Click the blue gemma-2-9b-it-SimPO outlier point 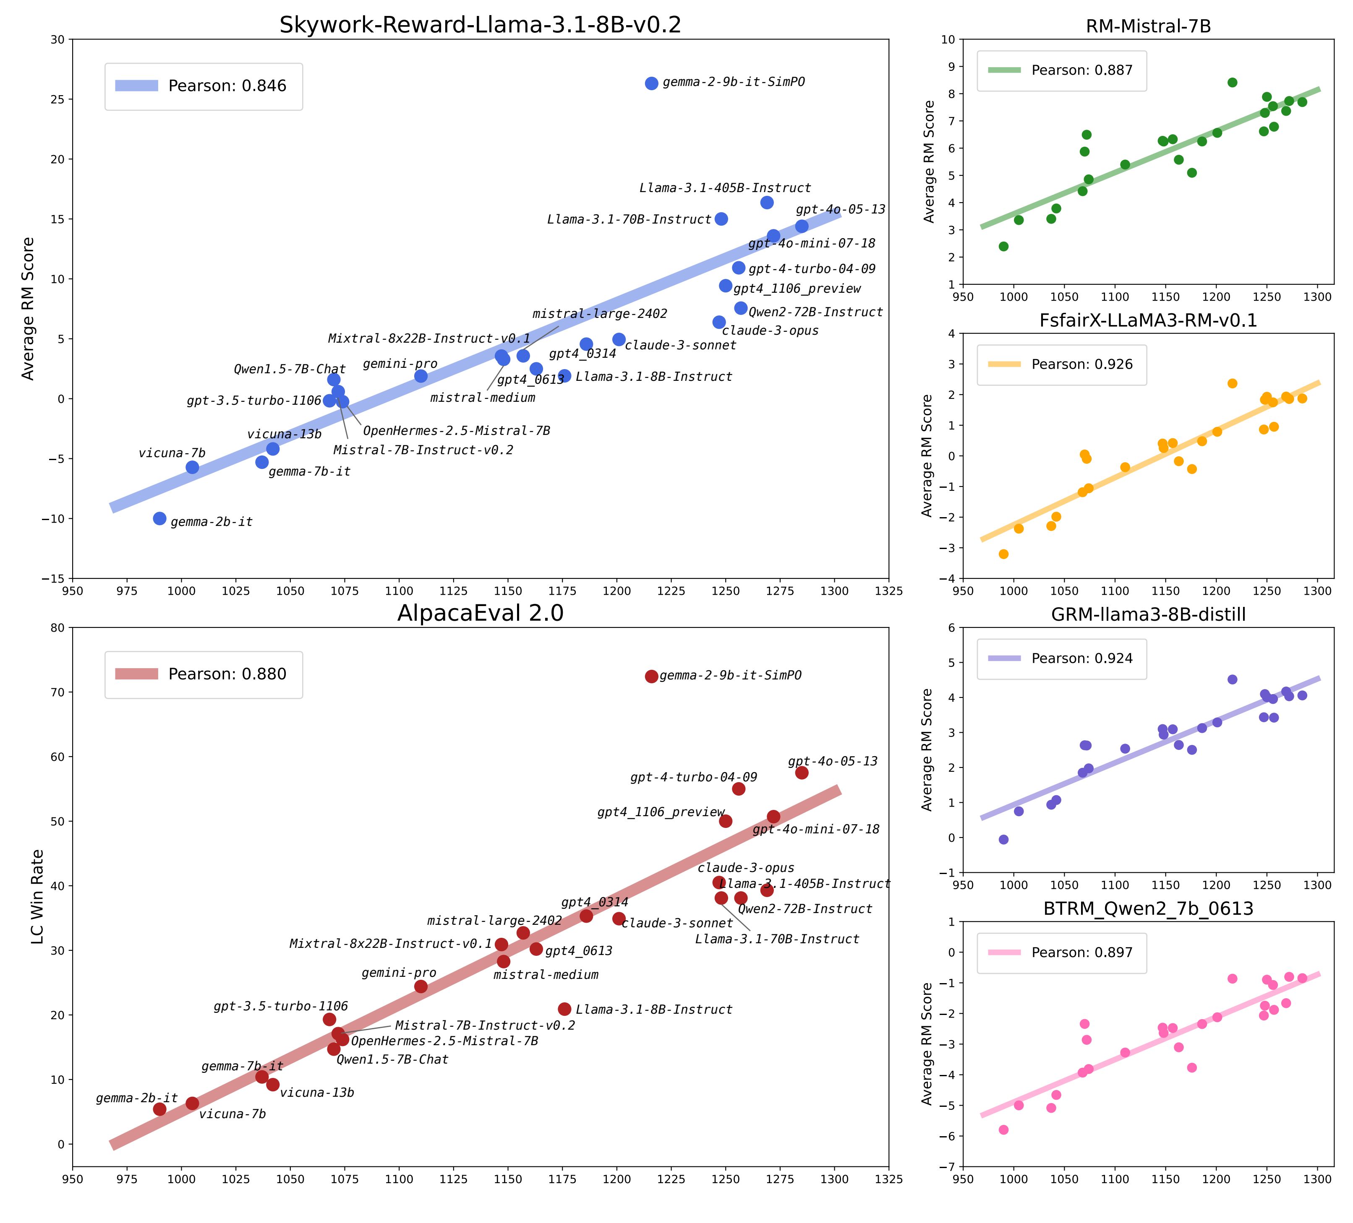[x=651, y=83]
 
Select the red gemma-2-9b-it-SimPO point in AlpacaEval [x=651, y=676]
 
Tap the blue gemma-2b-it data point [x=160, y=518]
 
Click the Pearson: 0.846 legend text [x=227, y=86]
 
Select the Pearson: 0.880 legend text [x=227, y=674]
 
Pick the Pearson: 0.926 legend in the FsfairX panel [x=1082, y=364]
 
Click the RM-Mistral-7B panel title [x=1148, y=26]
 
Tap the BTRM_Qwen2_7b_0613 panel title [x=1148, y=909]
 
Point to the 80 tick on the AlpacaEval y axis [x=59, y=628]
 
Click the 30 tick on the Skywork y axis [x=59, y=39]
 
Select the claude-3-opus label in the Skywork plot [x=770, y=331]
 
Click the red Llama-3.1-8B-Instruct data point [x=564, y=1009]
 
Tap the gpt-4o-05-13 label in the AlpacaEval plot [x=832, y=762]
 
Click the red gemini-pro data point [x=421, y=986]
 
